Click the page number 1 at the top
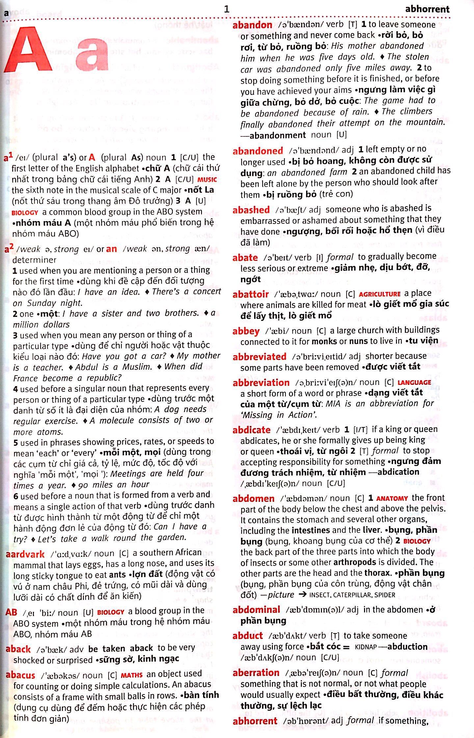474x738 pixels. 226,9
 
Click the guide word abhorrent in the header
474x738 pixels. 427,9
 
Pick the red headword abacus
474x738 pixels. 20,675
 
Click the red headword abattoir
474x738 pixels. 250,294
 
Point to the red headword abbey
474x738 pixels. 246,331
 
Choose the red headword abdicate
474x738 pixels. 251,430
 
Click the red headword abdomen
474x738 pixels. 253,498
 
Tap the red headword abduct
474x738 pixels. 248,636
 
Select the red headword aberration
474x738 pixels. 256,673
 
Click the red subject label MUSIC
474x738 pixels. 207,180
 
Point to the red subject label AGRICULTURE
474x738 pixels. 380,294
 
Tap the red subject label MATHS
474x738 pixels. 132,675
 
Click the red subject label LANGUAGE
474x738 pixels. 414,383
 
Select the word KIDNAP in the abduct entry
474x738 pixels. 366,647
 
